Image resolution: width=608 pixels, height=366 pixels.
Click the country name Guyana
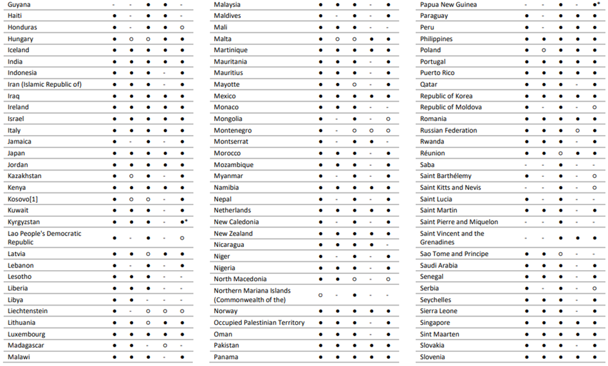coord(20,5)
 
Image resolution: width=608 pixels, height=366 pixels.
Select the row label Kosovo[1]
coord(24,199)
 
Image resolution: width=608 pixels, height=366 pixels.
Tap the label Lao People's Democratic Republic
coord(44,238)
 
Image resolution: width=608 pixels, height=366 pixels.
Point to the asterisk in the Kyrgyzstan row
coord(186,221)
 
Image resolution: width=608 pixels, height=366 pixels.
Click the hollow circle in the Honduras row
coord(182,28)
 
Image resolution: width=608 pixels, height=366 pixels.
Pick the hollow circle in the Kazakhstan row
coord(131,176)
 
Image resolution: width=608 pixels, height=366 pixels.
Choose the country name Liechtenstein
coord(28,311)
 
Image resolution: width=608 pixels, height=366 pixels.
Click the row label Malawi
coord(19,357)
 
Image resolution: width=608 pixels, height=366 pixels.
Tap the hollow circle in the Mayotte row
coord(354,84)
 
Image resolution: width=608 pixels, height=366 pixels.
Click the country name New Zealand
coord(233,233)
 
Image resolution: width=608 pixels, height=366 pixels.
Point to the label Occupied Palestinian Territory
coord(259,323)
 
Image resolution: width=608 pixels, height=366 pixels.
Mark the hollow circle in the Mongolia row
coord(388,119)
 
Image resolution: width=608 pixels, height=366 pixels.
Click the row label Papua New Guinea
coord(448,5)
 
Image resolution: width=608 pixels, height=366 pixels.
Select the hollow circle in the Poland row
coord(544,50)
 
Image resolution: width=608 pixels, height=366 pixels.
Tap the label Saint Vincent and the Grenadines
coord(452,238)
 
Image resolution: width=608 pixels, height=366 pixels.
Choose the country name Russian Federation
coord(448,131)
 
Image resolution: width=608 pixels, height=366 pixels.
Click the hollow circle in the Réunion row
coord(560,153)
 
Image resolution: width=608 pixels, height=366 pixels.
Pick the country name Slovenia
coord(432,357)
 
